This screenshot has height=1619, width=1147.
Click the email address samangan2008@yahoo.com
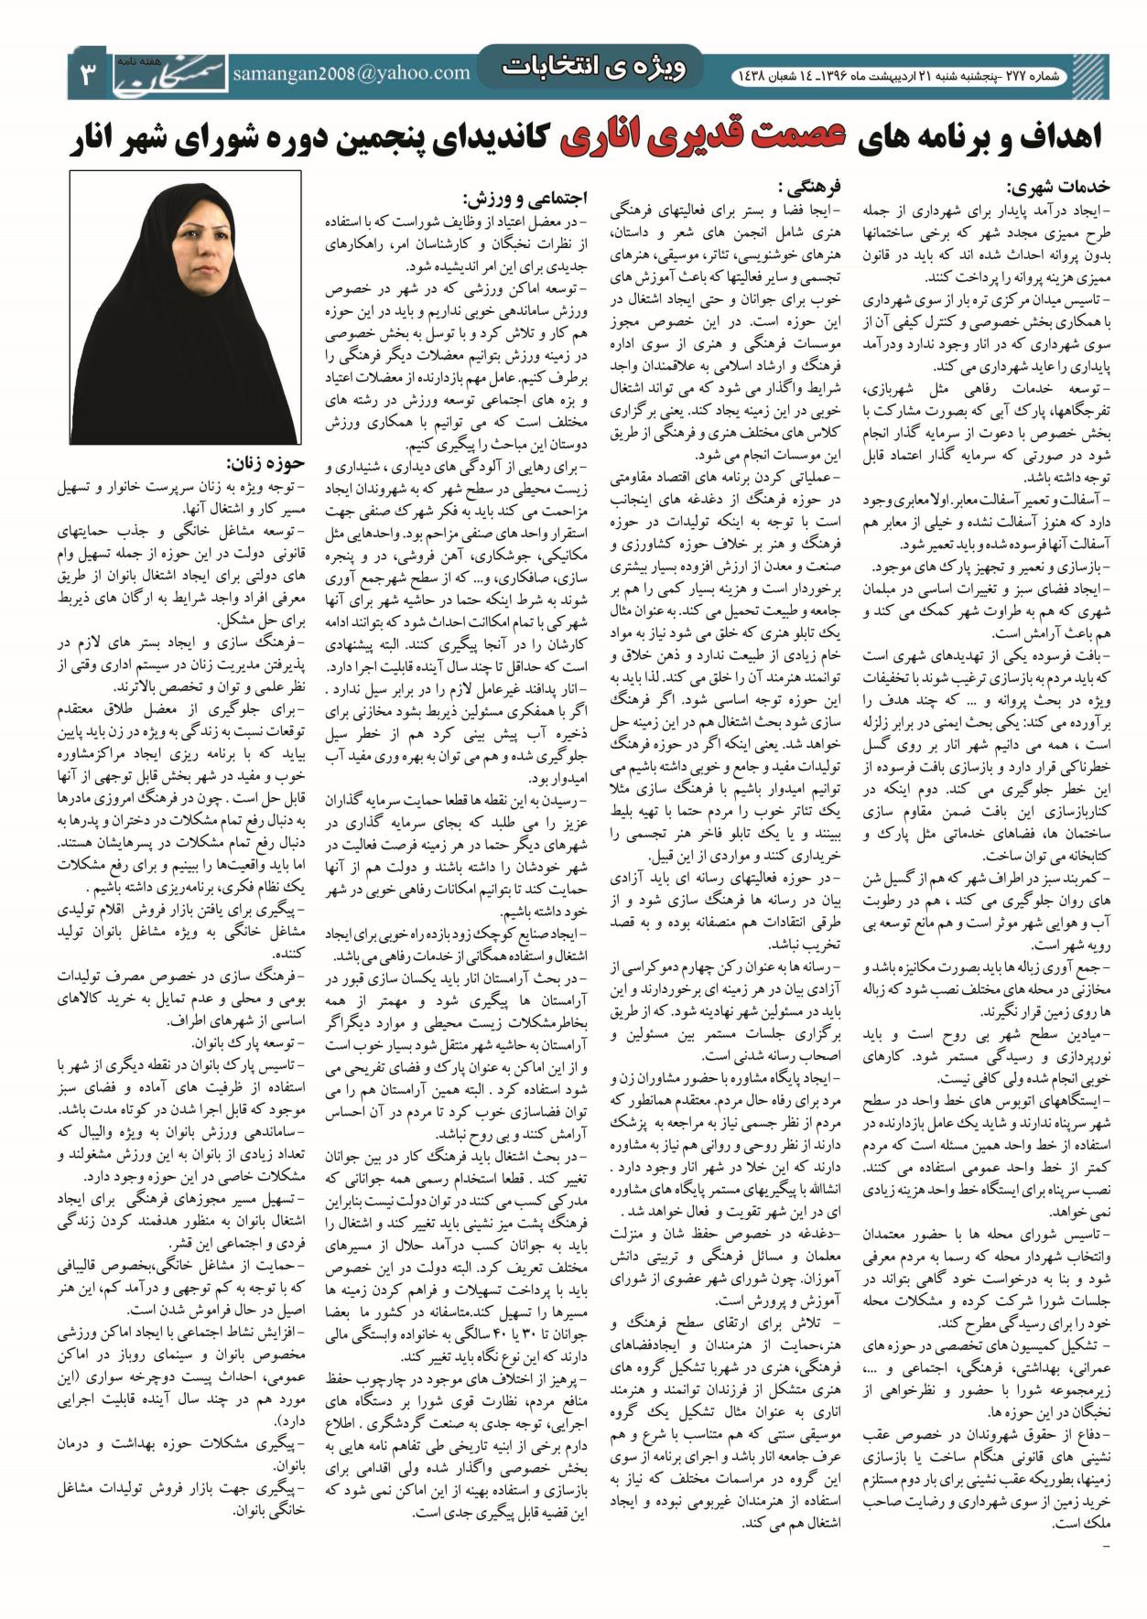(352, 73)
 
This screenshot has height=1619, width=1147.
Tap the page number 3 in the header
(89, 74)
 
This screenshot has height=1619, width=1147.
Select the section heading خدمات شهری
(1058, 189)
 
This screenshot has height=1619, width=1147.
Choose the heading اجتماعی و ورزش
(525, 198)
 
